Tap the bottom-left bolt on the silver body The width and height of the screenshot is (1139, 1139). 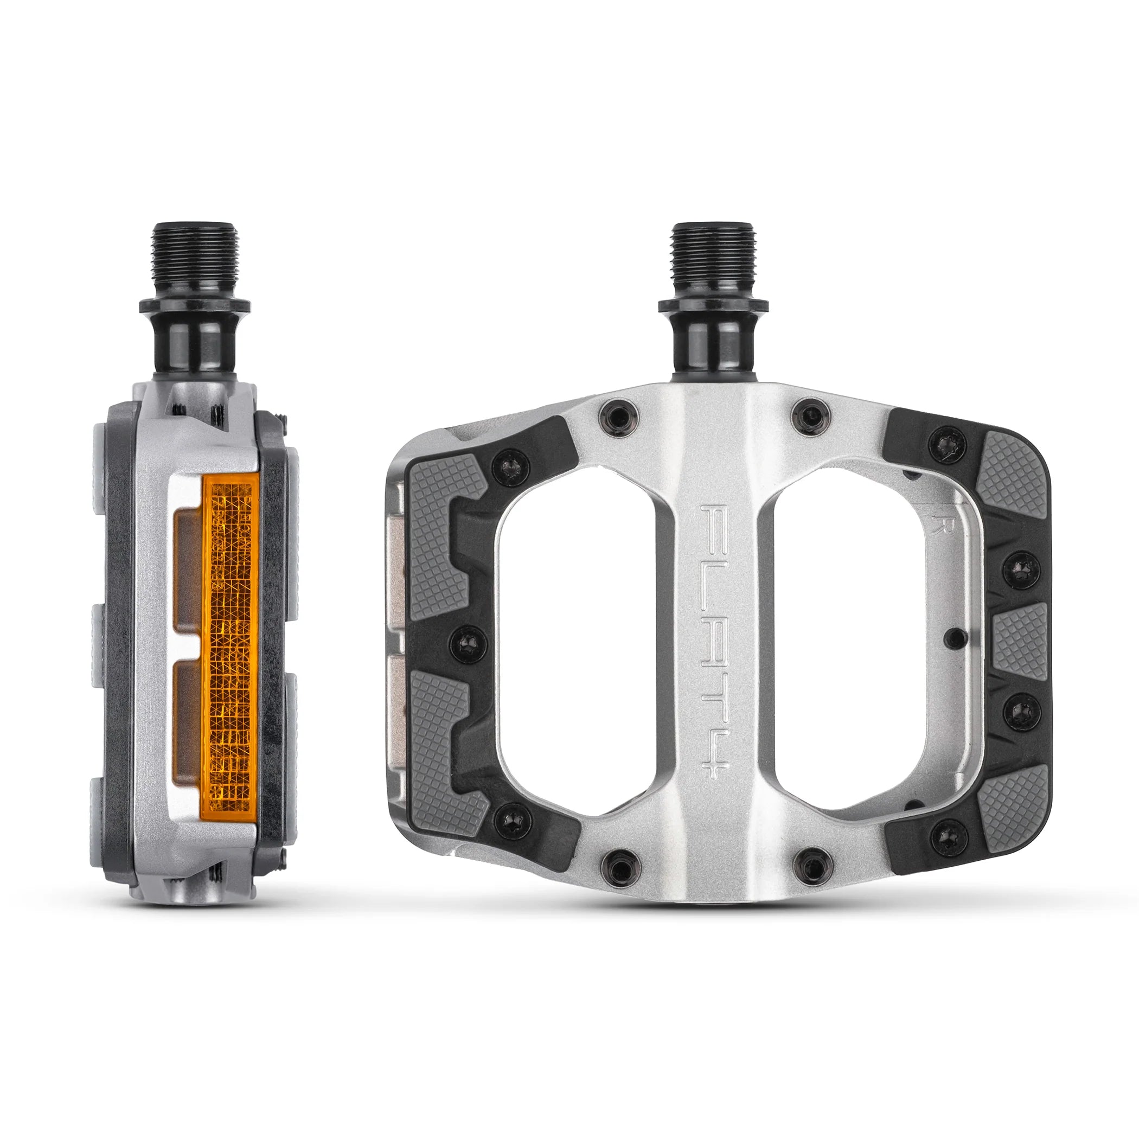[620, 867]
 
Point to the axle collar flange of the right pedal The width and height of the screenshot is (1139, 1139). [713, 305]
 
